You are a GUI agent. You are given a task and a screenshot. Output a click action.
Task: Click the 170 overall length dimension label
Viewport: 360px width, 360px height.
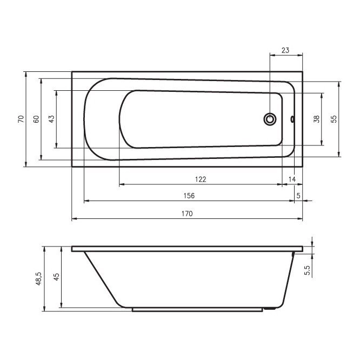click(x=187, y=214)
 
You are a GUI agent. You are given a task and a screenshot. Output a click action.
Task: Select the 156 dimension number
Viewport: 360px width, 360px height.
click(x=189, y=196)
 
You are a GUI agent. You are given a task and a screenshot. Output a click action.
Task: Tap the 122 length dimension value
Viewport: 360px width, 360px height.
click(x=201, y=179)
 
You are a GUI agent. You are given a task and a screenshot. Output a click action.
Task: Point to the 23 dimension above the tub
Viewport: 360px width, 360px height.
click(x=285, y=50)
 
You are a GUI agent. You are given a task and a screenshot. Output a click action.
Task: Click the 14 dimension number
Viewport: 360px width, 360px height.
click(x=292, y=179)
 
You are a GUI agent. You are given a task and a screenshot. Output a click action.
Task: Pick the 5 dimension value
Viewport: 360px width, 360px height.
click(x=298, y=196)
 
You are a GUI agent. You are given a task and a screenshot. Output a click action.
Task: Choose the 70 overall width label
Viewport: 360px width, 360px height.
click(x=21, y=119)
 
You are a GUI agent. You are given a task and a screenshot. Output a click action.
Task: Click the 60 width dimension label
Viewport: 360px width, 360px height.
click(x=36, y=119)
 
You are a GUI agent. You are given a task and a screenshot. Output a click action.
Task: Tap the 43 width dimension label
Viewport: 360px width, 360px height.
click(x=52, y=119)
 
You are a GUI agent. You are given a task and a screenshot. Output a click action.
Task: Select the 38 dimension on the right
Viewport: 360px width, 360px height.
click(x=316, y=119)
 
